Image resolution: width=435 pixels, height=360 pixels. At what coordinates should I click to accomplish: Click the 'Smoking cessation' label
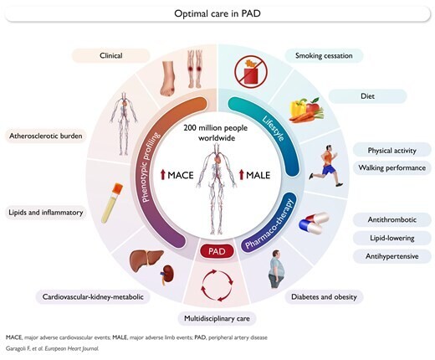point(324,55)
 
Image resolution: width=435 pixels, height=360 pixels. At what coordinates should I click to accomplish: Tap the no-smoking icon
point(251,70)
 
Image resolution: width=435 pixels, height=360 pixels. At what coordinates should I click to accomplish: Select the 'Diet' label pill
point(367,96)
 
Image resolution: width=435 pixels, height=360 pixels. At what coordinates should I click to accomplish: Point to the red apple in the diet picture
point(314,106)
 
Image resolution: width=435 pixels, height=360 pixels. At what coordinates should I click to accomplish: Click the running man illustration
point(326,166)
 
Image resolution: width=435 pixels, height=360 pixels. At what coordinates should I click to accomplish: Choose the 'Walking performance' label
point(391,167)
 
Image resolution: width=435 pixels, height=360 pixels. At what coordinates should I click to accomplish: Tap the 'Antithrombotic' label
point(391,219)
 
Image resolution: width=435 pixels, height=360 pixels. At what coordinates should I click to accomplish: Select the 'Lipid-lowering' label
point(391,238)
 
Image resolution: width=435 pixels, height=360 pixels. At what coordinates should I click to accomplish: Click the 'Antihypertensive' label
point(391,256)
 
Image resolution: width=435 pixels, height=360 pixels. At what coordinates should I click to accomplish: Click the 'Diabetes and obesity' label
point(324,296)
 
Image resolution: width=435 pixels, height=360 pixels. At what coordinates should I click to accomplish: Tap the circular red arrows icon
point(217,285)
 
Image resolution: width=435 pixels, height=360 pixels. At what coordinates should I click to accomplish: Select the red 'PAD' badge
point(217,251)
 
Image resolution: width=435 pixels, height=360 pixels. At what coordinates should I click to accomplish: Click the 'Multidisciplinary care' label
point(217,318)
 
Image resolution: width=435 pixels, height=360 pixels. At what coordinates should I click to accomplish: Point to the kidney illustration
point(168,275)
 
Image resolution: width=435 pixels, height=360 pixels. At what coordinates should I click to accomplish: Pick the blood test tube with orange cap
point(112,203)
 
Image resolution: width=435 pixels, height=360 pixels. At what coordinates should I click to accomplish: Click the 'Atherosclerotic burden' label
point(46,136)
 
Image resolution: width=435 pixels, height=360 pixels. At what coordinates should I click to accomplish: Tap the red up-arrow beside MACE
point(163,175)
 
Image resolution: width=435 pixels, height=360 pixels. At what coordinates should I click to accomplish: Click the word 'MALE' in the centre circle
point(258,175)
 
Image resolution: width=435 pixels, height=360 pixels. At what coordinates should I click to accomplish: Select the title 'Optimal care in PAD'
point(217,13)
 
